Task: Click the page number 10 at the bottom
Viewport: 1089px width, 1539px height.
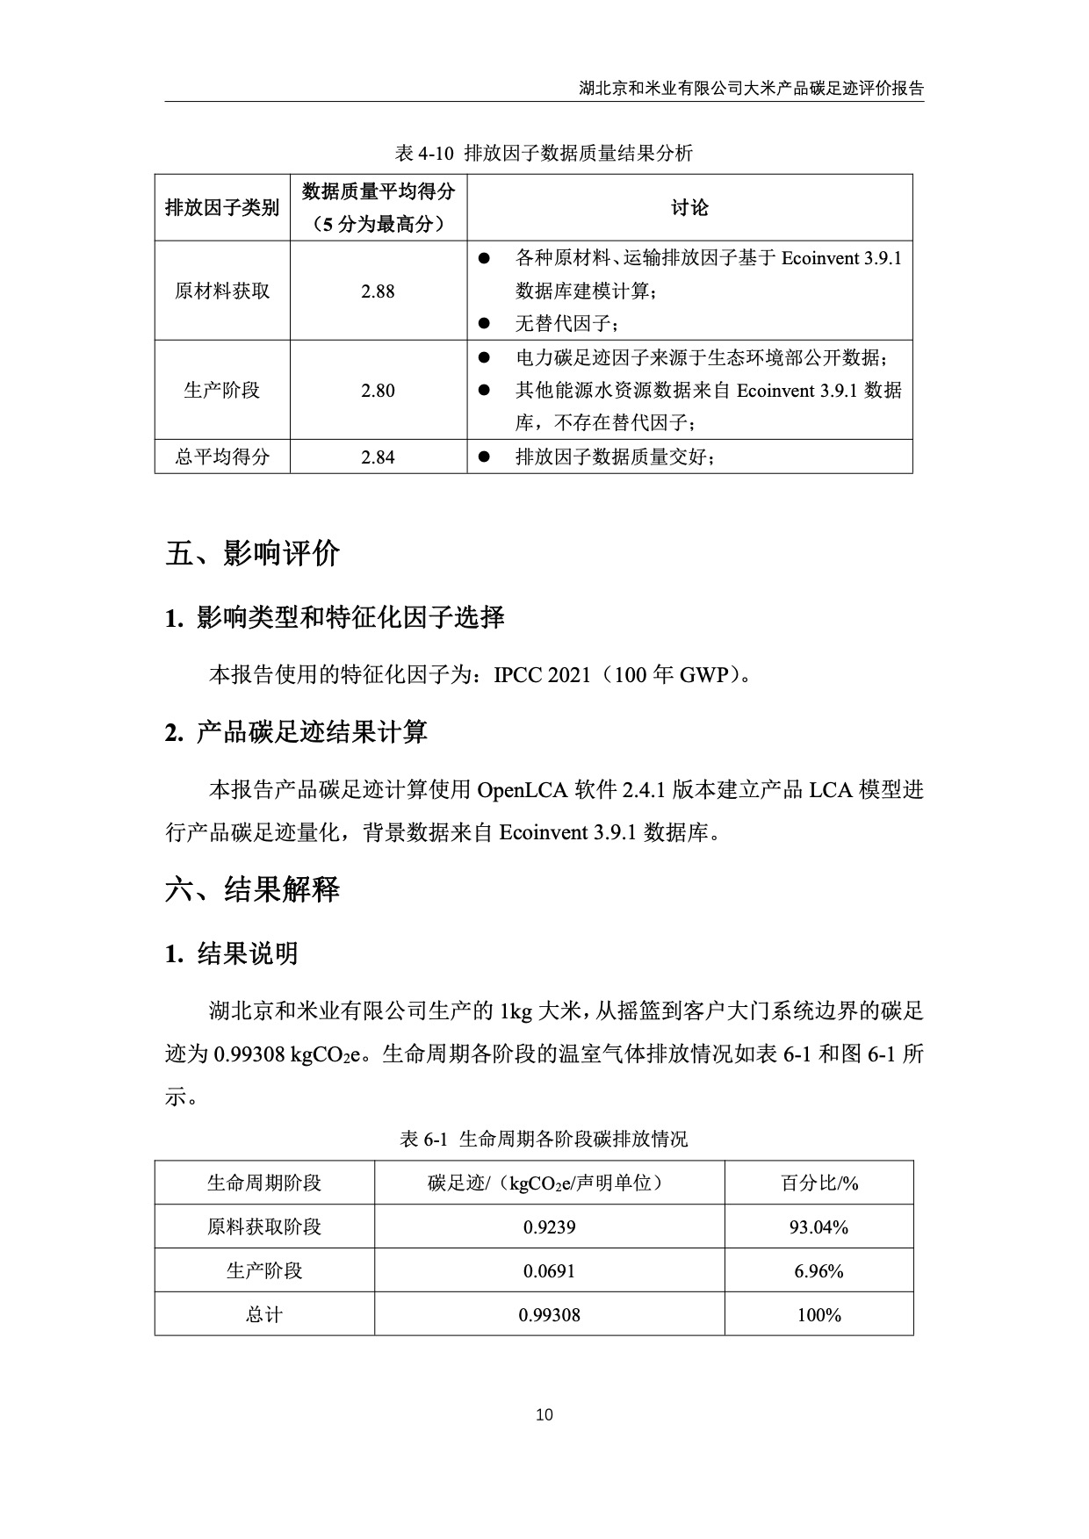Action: (544, 1414)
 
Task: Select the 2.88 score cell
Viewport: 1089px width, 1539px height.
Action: (378, 291)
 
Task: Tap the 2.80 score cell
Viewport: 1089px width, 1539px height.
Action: (378, 391)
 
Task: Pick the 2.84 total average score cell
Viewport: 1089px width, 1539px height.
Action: (378, 457)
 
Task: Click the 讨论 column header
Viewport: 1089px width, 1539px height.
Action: (689, 208)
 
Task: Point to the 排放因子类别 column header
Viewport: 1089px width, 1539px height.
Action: (222, 208)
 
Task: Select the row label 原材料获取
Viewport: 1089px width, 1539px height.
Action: (222, 291)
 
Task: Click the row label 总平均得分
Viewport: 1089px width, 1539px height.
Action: (222, 457)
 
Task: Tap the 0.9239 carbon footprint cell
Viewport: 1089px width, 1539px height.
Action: (549, 1227)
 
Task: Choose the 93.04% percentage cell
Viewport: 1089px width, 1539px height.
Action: (819, 1227)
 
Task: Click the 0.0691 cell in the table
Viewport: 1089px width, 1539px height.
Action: (549, 1271)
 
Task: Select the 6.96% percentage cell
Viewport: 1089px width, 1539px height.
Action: (819, 1271)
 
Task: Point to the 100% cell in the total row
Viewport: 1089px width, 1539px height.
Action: (819, 1315)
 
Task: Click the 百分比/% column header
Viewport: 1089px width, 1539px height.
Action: (819, 1183)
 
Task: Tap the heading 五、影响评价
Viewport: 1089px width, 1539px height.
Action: (253, 554)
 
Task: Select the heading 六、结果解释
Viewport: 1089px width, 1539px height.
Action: (253, 890)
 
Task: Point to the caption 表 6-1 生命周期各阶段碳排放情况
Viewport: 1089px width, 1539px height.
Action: (544, 1140)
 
